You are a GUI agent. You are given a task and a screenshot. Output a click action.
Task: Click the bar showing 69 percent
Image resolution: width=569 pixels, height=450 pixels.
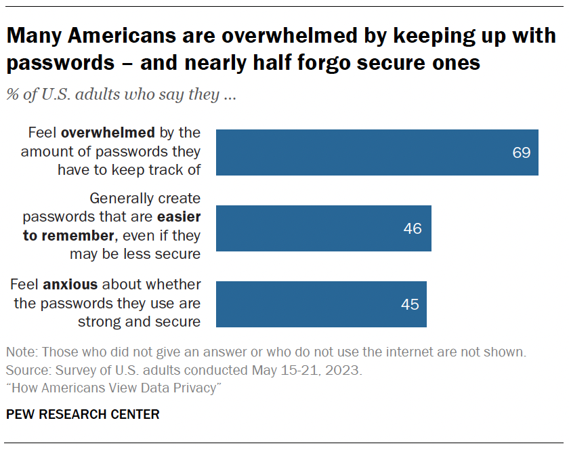point(376,152)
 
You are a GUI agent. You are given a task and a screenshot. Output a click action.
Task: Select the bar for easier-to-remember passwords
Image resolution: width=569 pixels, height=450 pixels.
point(323,228)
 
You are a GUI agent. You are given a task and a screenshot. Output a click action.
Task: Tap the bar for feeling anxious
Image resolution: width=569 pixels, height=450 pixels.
point(320,304)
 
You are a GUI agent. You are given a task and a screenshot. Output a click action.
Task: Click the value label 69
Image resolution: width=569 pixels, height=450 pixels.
point(521,152)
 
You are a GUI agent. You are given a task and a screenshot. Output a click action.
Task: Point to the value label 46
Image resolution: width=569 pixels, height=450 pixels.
point(413,228)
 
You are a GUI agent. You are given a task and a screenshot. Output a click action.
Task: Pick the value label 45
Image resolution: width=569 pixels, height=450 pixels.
point(410,304)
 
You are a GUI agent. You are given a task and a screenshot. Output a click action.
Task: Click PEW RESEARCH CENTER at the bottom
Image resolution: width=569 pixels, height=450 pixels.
point(83,414)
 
